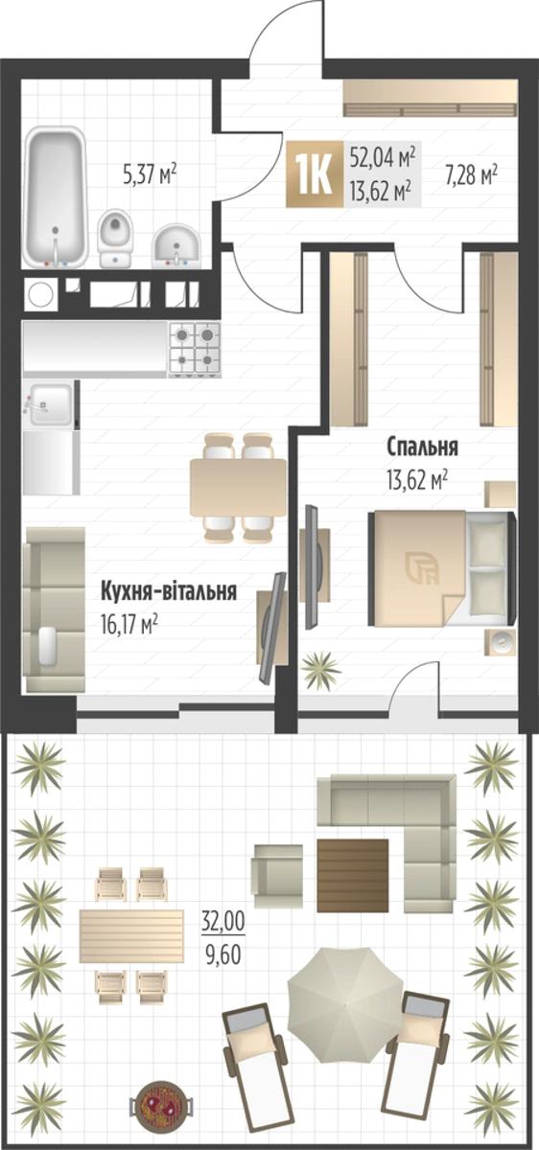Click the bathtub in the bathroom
[x=55, y=197]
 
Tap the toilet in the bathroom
[x=116, y=238]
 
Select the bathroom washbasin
[x=176, y=246]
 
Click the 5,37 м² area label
[x=150, y=174]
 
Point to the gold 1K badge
[x=315, y=174]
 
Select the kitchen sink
[x=49, y=404]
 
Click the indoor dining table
[x=239, y=488]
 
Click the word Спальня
[x=422, y=447]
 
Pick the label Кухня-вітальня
[x=169, y=591]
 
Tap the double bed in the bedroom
[x=442, y=568]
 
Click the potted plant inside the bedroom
[x=321, y=670]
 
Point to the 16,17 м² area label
[x=129, y=625]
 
